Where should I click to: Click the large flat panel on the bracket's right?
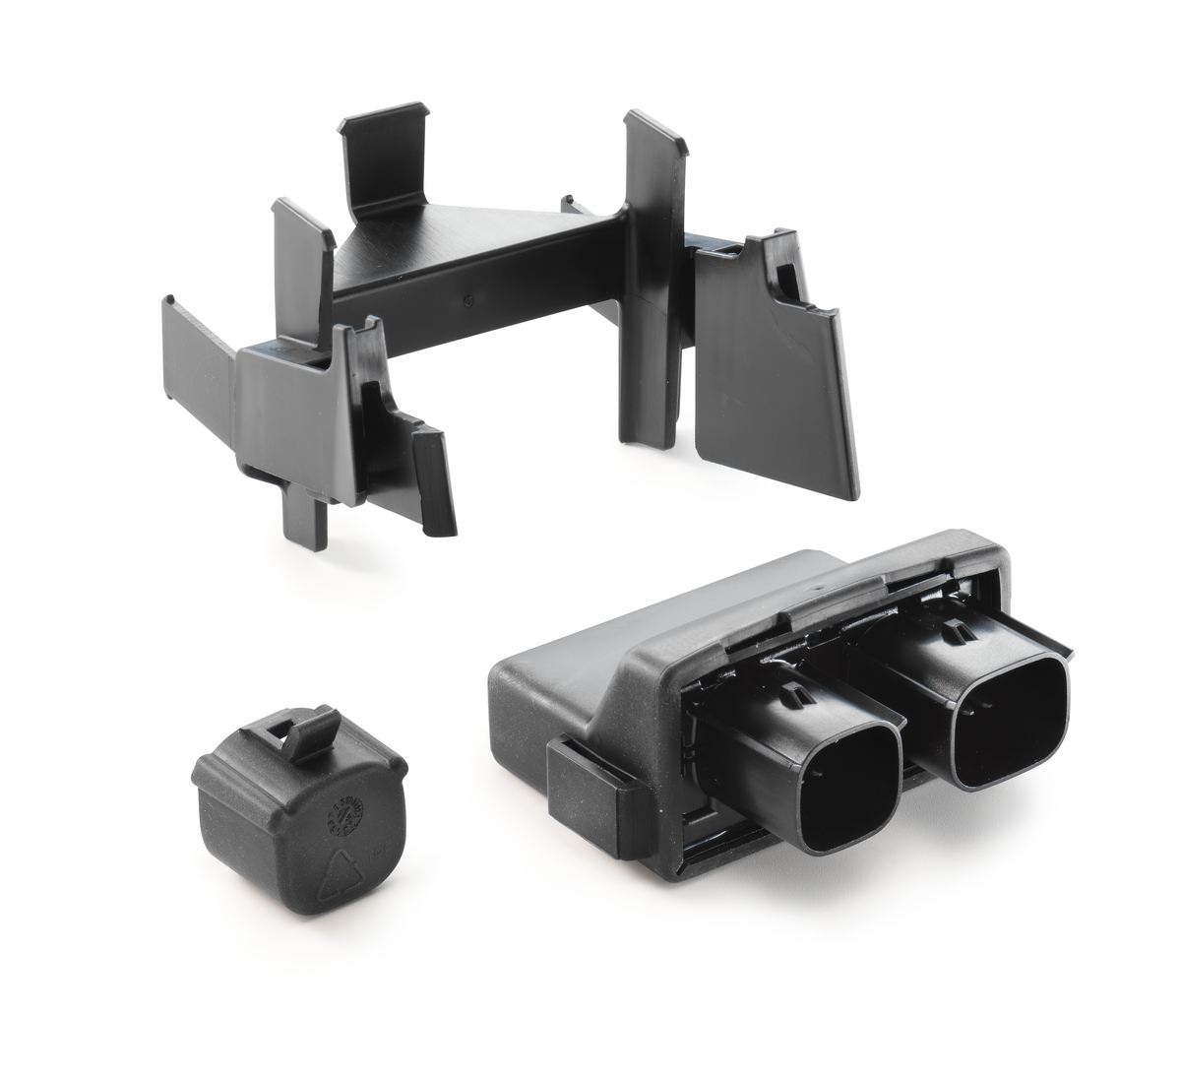click(768, 384)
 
